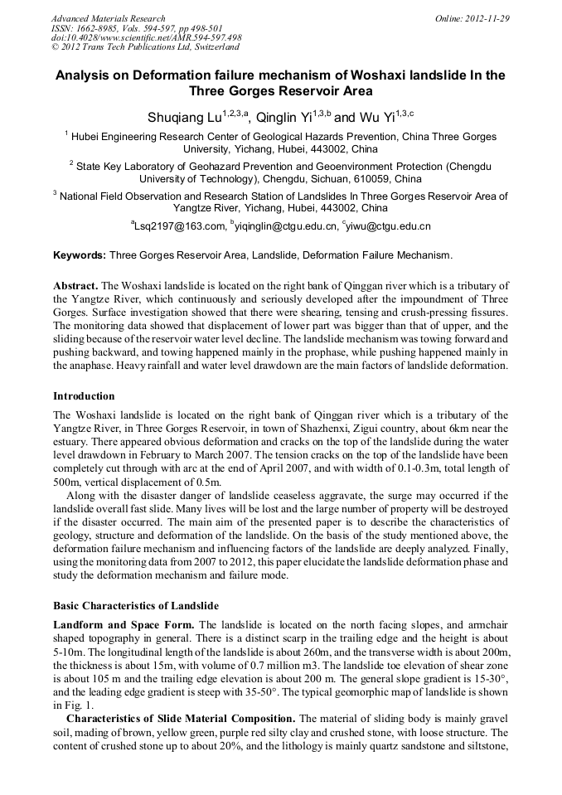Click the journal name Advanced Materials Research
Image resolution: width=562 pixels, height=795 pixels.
click(108, 18)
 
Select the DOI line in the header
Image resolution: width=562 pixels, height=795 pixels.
click(146, 37)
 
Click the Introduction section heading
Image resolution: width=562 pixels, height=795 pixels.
click(84, 396)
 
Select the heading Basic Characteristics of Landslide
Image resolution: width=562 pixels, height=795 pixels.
click(135, 605)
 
